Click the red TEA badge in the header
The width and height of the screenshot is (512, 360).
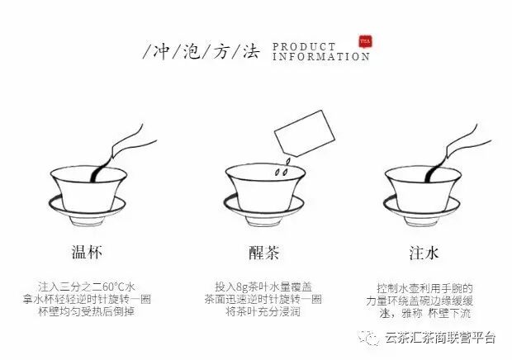point(364,41)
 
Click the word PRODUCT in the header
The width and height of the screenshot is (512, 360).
point(304,47)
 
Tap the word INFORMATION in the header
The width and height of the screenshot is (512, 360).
point(320,57)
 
